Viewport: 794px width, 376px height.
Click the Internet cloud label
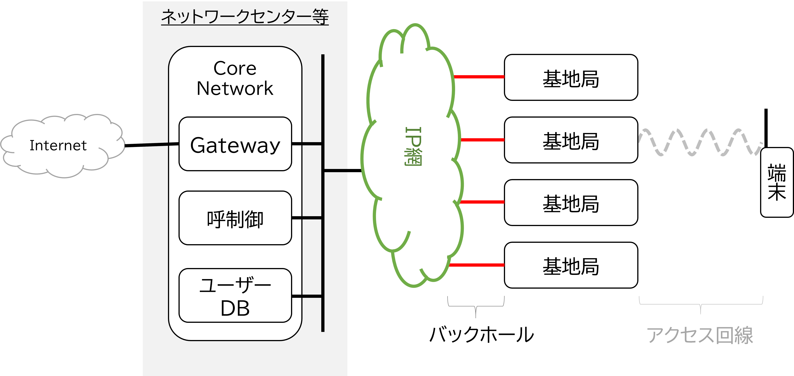point(58,145)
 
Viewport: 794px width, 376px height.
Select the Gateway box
point(235,144)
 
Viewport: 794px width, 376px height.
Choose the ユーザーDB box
point(235,296)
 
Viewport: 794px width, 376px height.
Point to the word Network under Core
point(235,88)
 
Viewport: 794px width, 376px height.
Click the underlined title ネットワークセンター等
point(245,17)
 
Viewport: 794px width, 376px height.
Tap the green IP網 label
point(413,146)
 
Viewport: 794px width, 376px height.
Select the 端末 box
point(777,182)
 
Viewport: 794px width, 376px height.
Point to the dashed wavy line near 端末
point(700,142)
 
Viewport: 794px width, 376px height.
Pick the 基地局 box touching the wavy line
point(571,140)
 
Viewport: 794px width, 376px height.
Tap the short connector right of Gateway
point(307,144)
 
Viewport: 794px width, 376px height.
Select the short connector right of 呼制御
point(307,218)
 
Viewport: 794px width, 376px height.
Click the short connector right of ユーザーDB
point(307,296)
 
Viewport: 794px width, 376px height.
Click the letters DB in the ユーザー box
point(235,308)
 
